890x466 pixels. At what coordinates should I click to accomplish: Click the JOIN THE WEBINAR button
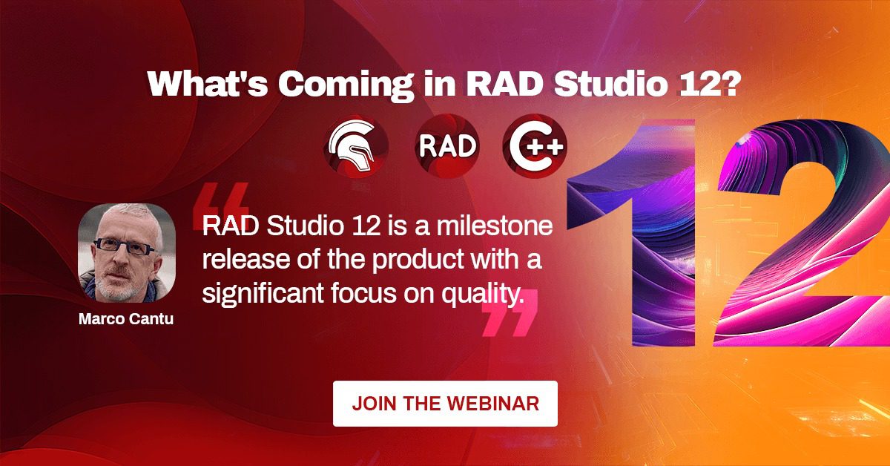coord(445,404)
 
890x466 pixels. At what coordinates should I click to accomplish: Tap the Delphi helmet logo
coord(355,146)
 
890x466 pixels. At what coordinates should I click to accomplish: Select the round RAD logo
coord(447,146)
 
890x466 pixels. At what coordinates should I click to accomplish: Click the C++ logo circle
coord(535,146)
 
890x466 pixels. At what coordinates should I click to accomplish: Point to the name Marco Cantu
coord(126,319)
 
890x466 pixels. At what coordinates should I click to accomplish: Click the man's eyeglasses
coord(123,246)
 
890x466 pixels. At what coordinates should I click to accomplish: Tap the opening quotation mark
coord(221,206)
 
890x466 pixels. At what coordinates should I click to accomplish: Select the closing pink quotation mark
coord(510,313)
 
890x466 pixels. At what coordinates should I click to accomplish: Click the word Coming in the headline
coord(346,84)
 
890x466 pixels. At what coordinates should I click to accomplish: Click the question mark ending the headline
coord(731,84)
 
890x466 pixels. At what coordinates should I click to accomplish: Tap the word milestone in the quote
coord(495,226)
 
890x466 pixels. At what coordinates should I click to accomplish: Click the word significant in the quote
coord(263,294)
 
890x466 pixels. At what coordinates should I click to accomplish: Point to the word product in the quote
coord(418,260)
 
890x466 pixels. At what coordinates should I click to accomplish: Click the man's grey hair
coord(131,217)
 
